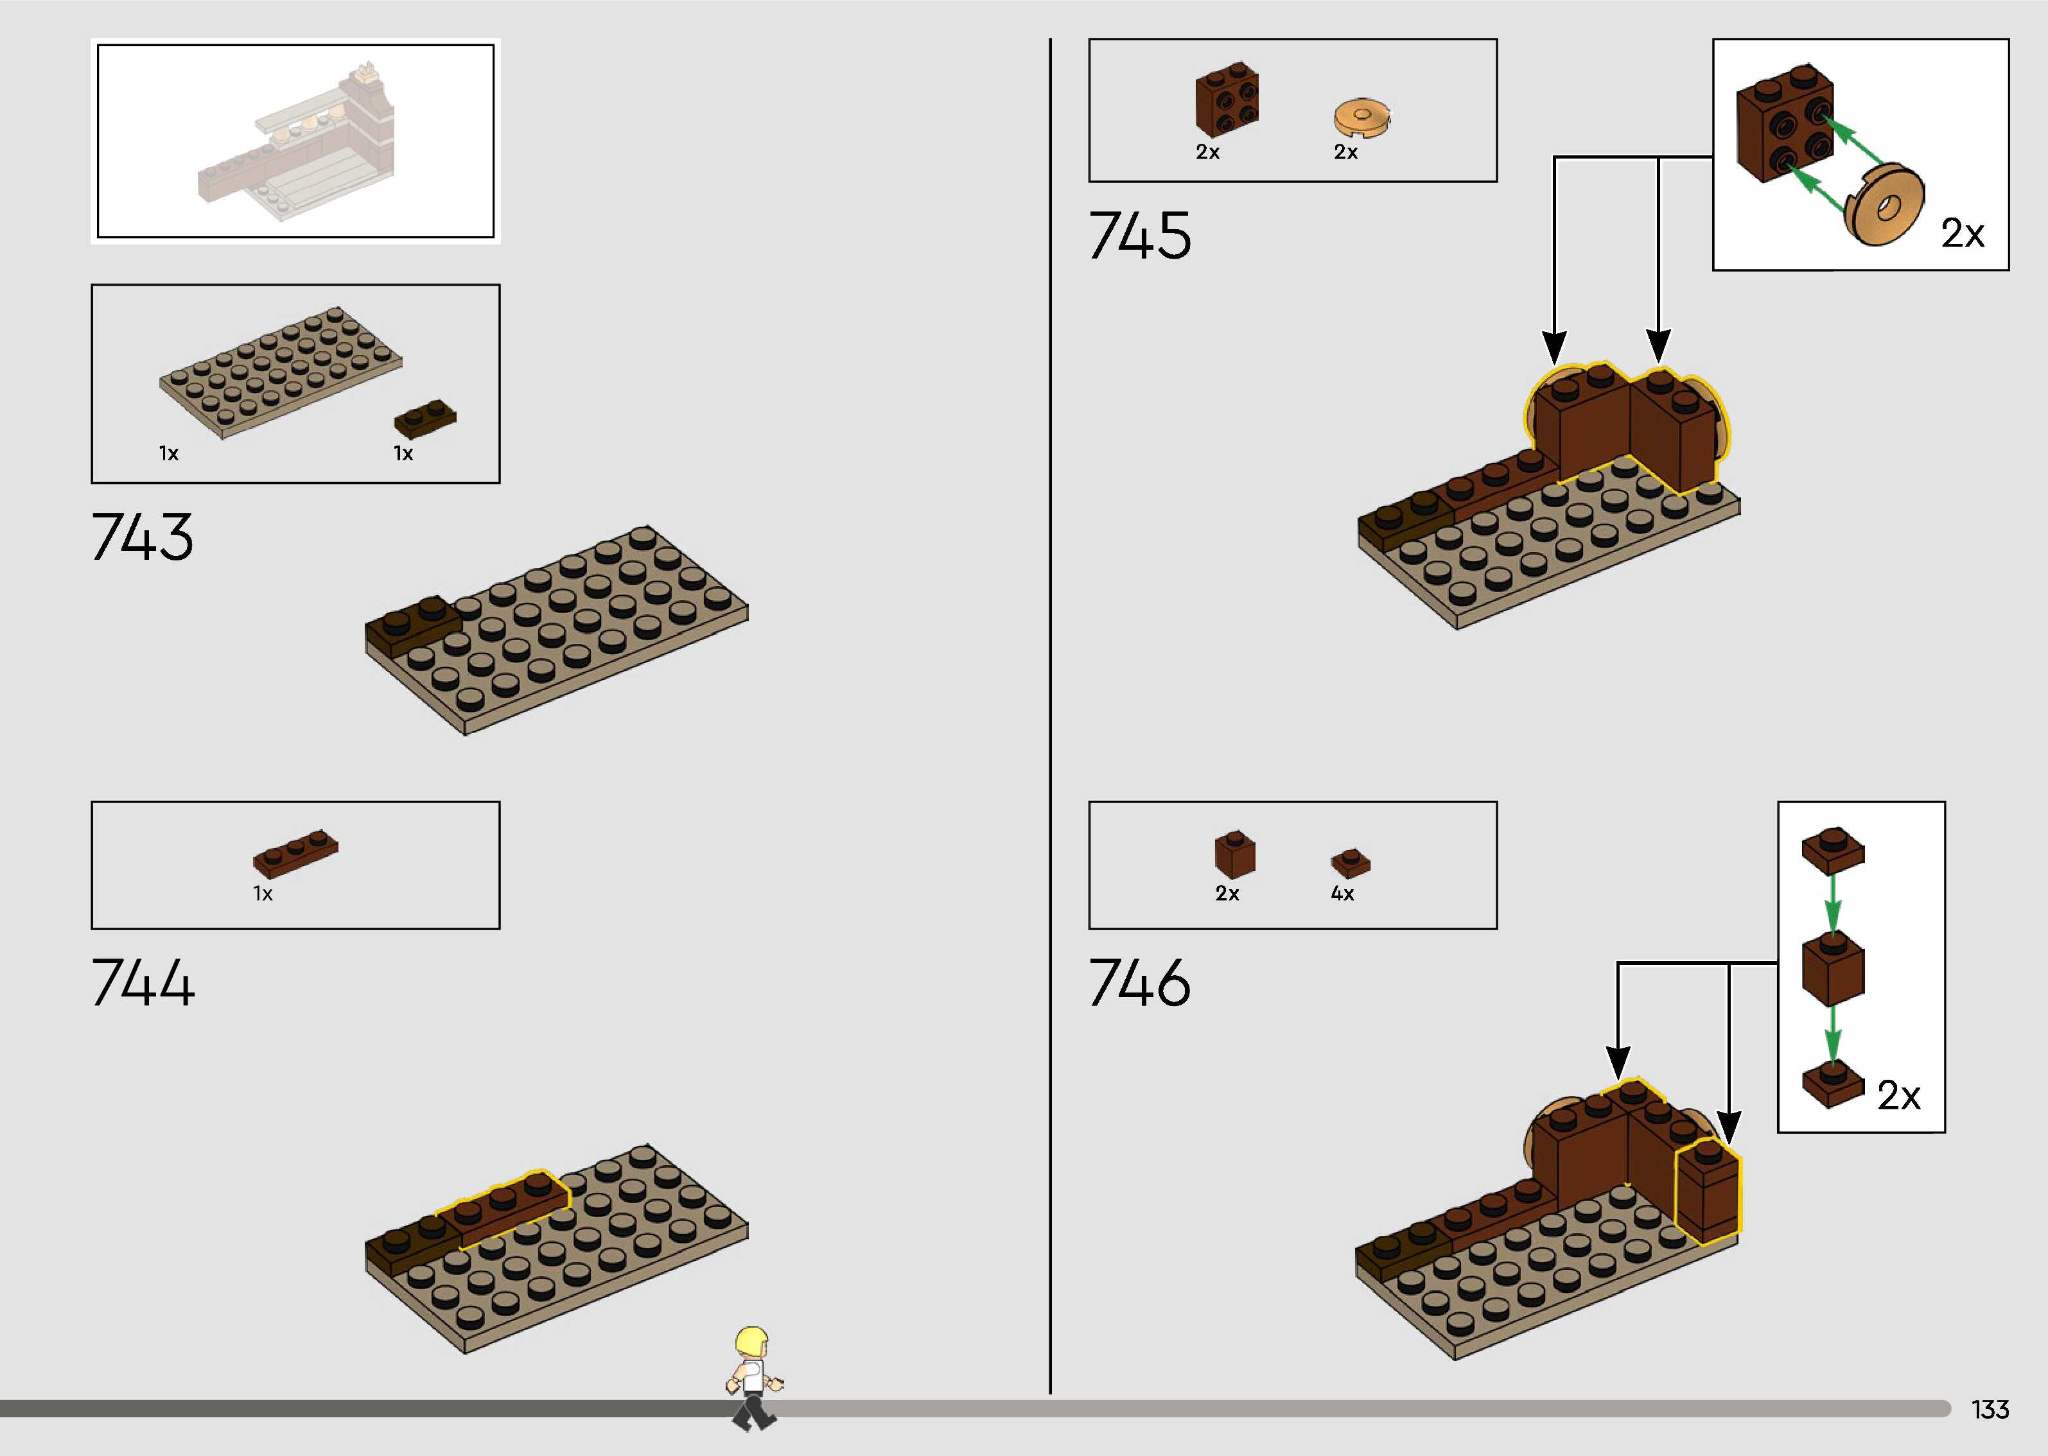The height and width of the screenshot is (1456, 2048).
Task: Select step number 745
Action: [x=1140, y=235]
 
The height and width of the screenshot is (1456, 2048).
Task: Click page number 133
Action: [x=1990, y=1409]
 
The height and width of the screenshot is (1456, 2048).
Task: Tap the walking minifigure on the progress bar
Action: [x=753, y=1377]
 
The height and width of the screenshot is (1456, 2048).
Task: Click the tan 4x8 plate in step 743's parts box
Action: [x=281, y=372]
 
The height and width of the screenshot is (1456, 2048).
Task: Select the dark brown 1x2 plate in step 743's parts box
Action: [x=425, y=418]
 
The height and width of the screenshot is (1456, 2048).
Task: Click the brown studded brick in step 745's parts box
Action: [x=1227, y=100]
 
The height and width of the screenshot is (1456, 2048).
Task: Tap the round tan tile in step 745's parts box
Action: [x=1360, y=117]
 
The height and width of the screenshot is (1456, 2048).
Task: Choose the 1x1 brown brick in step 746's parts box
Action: [x=1235, y=854]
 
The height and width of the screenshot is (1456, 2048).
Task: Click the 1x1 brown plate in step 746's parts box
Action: [x=1351, y=862]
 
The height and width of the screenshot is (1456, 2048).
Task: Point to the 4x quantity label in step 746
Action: [x=1342, y=893]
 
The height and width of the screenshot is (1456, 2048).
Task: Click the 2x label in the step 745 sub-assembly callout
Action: [x=1962, y=234]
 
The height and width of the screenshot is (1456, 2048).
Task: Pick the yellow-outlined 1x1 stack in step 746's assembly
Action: [x=1707, y=1192]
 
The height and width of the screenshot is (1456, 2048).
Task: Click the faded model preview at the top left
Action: [x=296, y=141]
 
